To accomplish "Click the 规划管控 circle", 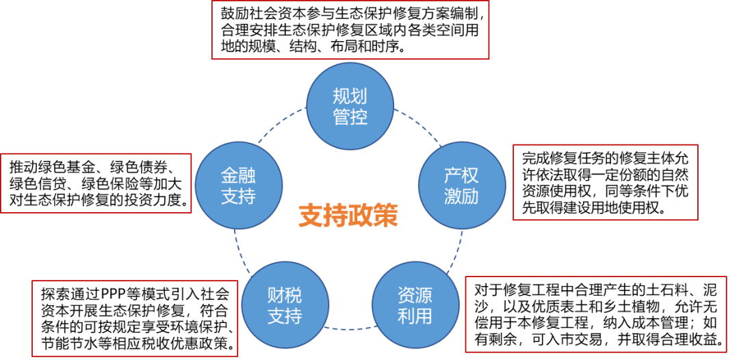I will click(350, 106).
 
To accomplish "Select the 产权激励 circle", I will click(461, 185).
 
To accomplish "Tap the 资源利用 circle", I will click(415, 305).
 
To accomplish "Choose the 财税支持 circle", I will click(285, 305).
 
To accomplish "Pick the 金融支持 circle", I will click(238, 185).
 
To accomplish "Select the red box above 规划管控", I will click(350, 29).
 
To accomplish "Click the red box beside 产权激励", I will click(605, 182).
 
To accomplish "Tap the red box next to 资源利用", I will click(595, 314).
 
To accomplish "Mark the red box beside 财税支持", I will click(135, 318).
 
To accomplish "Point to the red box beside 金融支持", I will click(96, 183).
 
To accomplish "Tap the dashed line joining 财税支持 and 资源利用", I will click(350, 329).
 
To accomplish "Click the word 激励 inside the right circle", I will click(461, 196).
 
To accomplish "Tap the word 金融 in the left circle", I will click(238, 175).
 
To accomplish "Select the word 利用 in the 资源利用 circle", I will click(415, 316).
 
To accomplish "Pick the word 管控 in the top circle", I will click(350, 117).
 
